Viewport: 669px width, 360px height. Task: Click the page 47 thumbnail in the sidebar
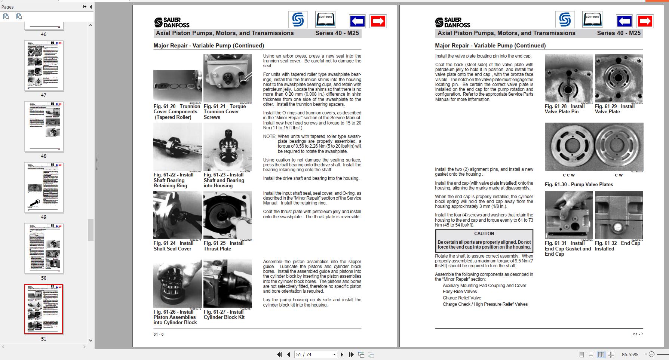[44, 65]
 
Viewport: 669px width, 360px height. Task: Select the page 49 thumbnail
[44, 187]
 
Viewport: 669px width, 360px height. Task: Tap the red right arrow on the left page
[378, 21]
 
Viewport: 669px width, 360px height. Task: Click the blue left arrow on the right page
[624, 21]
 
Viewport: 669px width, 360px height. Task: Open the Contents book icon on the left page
[325, 19]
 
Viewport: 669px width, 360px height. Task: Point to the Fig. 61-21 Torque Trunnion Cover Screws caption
[224, 111]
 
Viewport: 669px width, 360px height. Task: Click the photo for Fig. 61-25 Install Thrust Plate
[227, 215]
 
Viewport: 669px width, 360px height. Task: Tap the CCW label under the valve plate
[569, 175]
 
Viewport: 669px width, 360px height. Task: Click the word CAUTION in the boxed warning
[484, 233]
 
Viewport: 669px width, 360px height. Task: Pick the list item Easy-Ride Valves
[460, 292]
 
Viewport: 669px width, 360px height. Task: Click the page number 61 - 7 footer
[638, 334]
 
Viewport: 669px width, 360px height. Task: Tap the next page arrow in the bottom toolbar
[342, 354]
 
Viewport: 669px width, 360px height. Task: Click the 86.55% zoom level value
[630, 354]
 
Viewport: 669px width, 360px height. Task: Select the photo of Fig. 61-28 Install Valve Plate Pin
[568, 78]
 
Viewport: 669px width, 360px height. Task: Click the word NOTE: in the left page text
[269, 136]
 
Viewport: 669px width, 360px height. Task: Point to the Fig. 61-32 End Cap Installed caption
[617, 246]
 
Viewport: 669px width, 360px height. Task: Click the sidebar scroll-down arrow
[90, 340]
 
